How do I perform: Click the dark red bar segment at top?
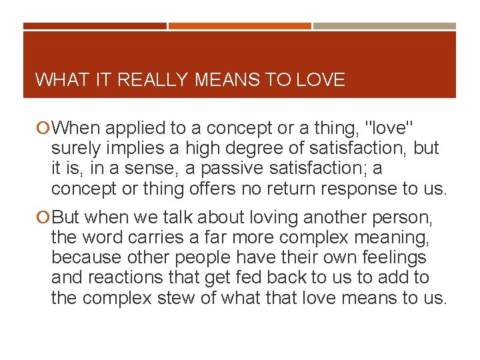coord(95,26)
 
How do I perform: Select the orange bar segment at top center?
coord(239,26)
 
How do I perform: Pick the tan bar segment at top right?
coord(385,26)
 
